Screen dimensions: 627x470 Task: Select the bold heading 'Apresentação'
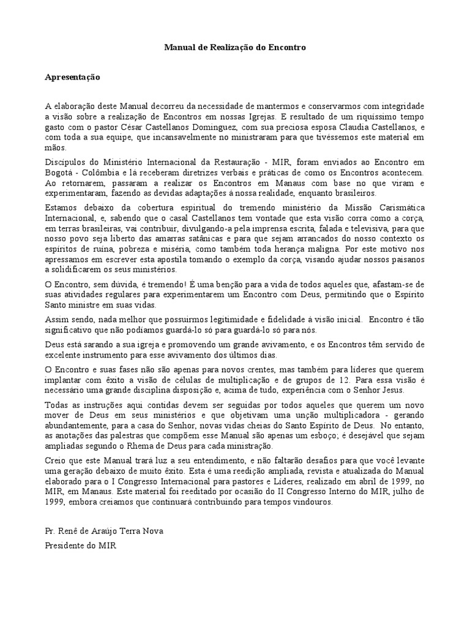click(x=72, y=78)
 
